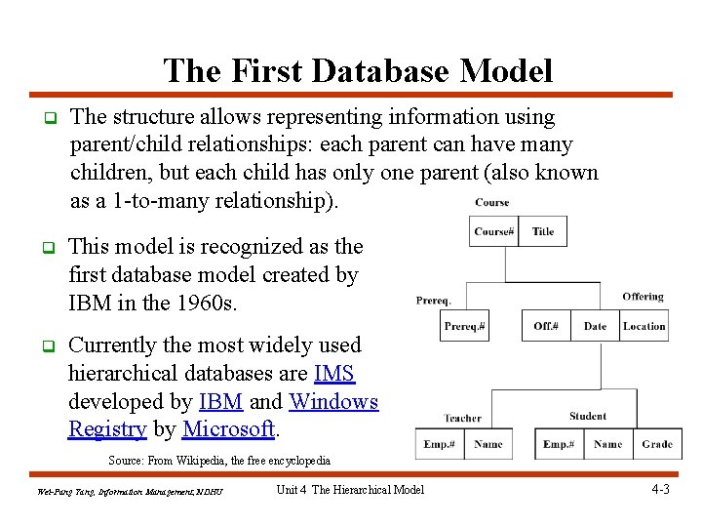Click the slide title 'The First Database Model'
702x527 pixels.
click(358, 70)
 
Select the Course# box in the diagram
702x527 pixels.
click(493, 231)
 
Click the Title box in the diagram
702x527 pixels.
click(543, 231)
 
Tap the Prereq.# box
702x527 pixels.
click(464, 326)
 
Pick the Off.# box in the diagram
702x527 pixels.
click(546, 326)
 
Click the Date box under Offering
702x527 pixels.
click(595, 326)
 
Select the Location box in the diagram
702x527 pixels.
click(644, 326)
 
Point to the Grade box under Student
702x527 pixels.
click(657, 444)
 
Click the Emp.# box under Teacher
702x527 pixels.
click(439, 444)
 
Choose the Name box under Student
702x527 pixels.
click(607, 444)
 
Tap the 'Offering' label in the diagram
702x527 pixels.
click(643, 297)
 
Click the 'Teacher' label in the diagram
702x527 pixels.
click(462, 418)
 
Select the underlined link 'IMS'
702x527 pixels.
click(334, 373)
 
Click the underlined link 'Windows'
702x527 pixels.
click(333, 401)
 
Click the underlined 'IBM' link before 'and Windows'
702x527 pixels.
click(221, 401)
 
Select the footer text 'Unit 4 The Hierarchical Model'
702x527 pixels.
click(350, 489)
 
